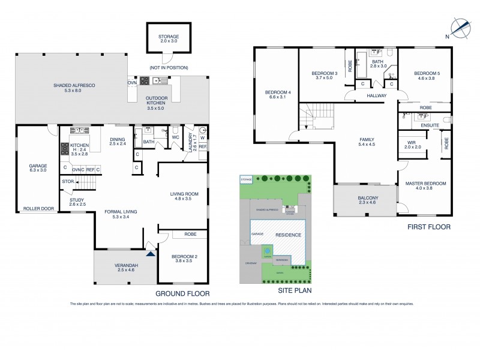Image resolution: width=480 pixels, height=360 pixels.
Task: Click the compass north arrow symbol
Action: click(459, 27)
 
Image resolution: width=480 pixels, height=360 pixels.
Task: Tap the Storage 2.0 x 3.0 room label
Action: click(169, 39)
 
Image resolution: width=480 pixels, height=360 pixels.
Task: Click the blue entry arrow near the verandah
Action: click(150, 253)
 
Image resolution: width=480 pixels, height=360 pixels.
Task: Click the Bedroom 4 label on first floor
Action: click(277, 95)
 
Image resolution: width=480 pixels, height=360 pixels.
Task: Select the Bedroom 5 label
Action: click(427, 76)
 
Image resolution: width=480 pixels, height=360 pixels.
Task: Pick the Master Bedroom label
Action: click(425, 186)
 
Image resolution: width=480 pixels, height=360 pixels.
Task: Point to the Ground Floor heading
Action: click(183, 293)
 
